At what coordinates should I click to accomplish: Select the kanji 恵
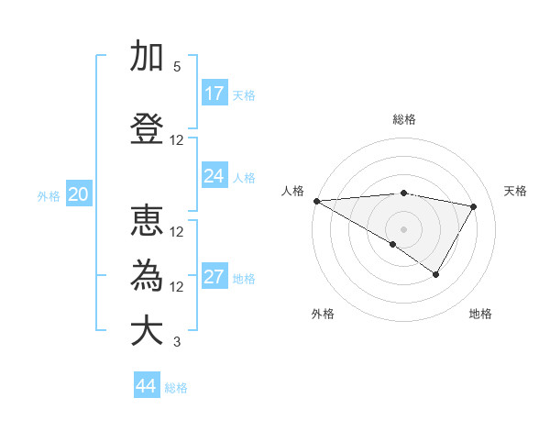147,222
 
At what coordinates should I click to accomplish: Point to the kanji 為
147,276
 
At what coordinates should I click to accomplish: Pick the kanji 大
147,331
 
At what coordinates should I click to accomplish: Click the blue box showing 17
214,94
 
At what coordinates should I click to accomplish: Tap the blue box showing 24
214,176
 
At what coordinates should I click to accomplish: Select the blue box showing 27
214,278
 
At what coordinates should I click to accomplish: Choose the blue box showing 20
78,194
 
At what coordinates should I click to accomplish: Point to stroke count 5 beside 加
177,67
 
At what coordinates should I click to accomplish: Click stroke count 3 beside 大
177,342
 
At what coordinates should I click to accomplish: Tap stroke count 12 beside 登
177,140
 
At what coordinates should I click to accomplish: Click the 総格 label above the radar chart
403,119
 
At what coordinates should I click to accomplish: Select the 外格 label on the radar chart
323,314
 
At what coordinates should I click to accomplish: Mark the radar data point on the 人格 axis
316,201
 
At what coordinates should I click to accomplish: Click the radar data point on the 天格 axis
474,206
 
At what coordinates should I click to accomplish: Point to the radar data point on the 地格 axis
436,274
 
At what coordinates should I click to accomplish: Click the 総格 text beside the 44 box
176,388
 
